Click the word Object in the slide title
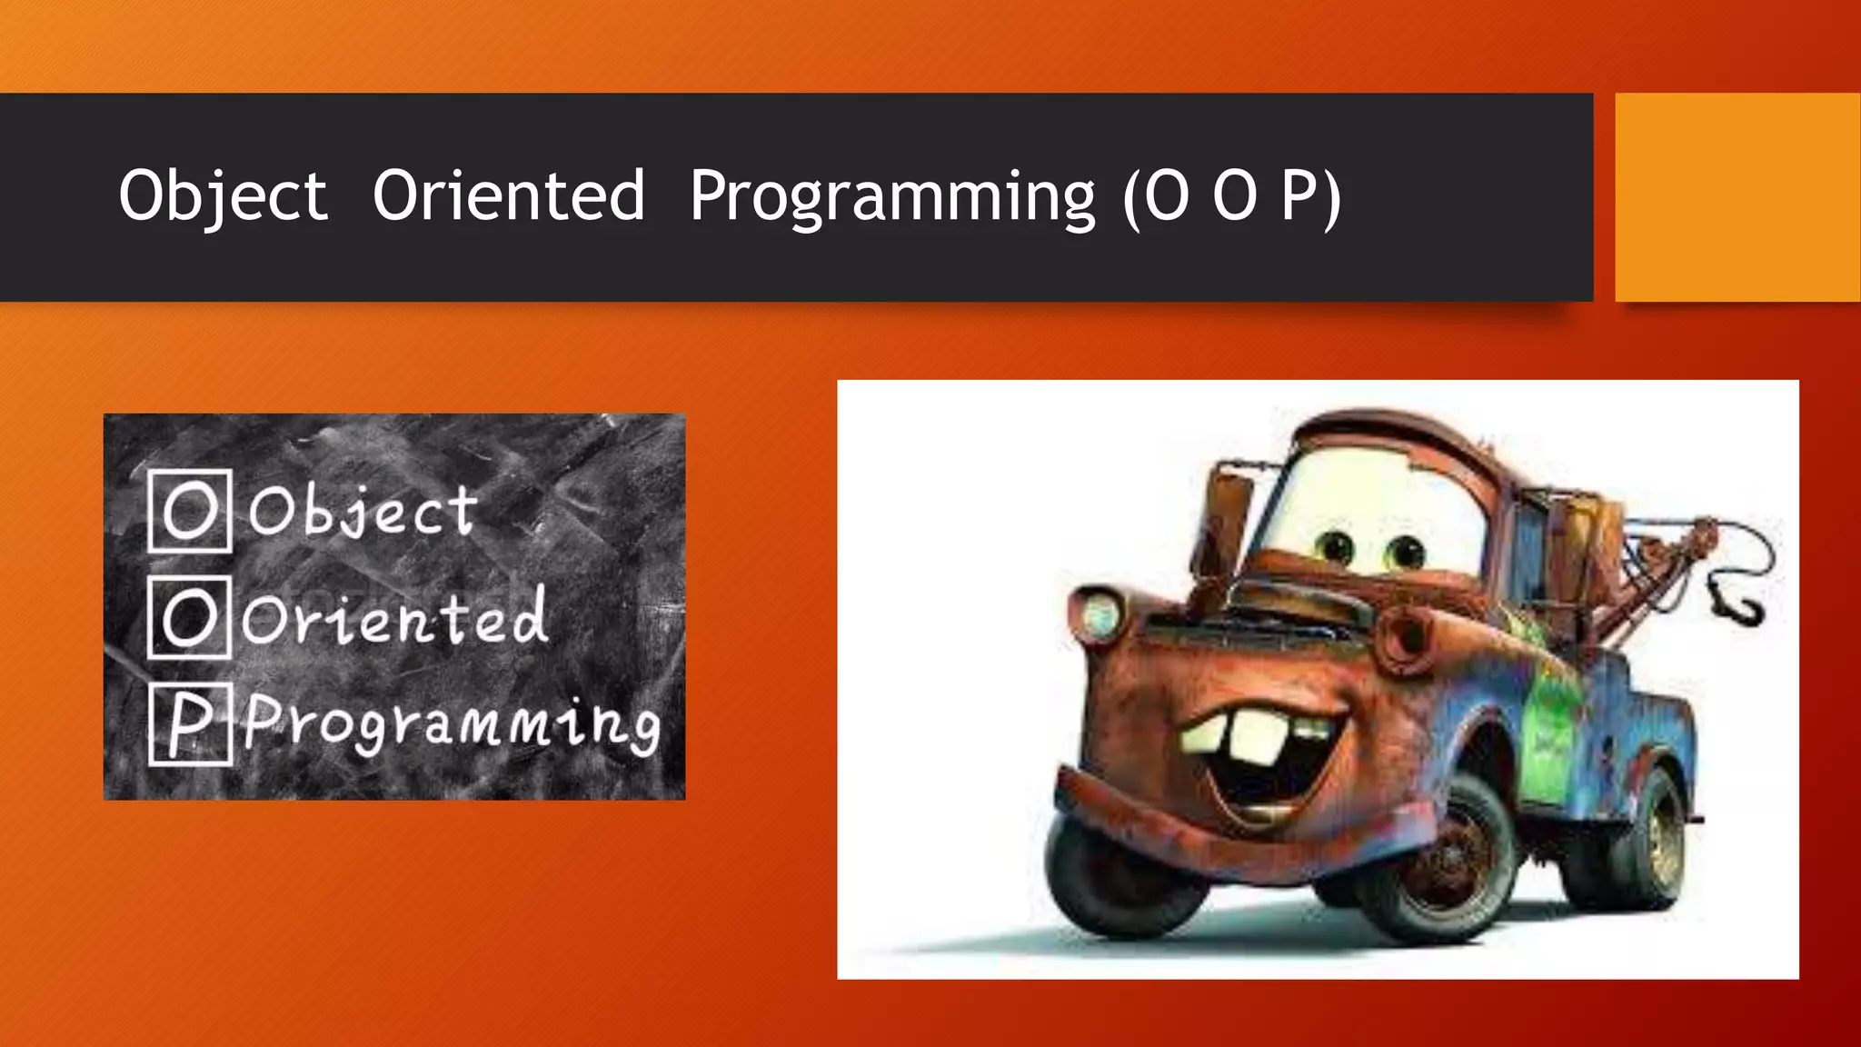(223, 197)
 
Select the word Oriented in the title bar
(508, 195)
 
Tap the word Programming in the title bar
(892, 197)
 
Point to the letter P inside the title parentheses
(1299, 195)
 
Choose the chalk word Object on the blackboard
(363, 511)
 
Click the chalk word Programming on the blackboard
(452, 723)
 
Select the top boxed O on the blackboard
(189, 511)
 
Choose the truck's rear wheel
(1649, 841)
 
